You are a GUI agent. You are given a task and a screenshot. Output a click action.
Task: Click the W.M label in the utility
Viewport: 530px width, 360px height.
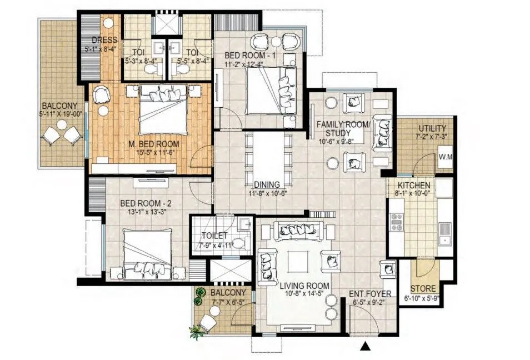(446, 157)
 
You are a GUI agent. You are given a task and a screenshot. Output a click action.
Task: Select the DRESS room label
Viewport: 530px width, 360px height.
(104, 40)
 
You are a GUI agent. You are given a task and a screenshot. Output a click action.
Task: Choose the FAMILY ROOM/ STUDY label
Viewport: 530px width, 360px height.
(342, 128)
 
